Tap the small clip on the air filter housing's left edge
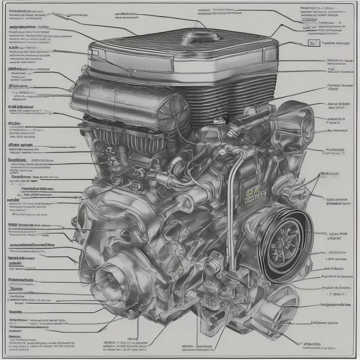click(92, 54)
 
